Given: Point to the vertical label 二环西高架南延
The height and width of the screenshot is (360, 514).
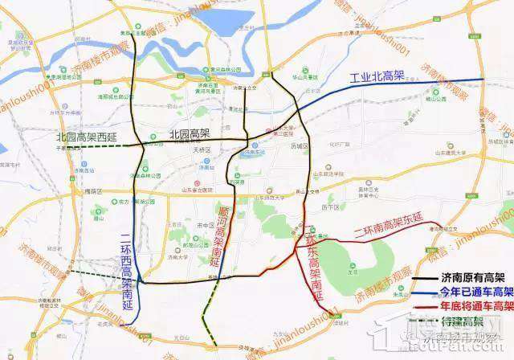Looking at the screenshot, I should [x=125, y=256].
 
